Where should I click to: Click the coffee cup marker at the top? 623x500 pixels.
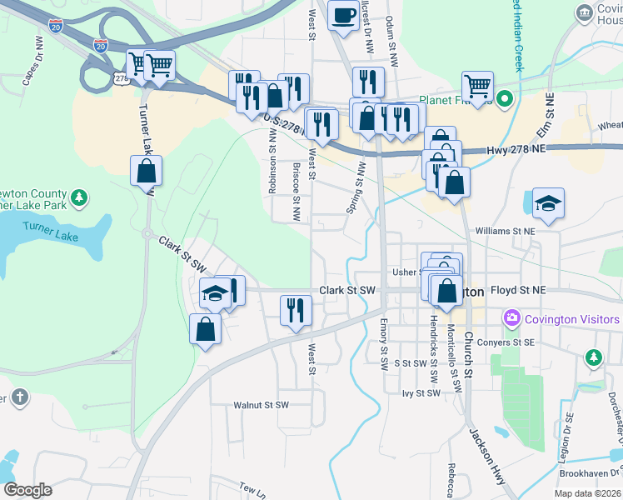pyautogui.click(x=342, y=16)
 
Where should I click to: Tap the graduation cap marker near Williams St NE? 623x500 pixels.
pyautogui.click(x=548, y=203)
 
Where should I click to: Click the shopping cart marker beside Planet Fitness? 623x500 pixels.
pyautogui.click(x=477, y=87)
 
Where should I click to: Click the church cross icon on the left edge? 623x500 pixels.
pyautogui.click(x=19, y=397)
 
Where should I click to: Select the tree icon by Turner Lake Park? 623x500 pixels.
pyautogui.click(x=78, y=198)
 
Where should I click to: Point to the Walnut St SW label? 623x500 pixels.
pyautogui.click(x=261, y=405)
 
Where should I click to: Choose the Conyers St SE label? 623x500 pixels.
pyautogui.click(x=511, y=342)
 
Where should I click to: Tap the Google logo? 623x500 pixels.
pyautogui.click(x=27, y=490)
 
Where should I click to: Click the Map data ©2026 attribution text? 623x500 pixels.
pyautogui.click(x=586, y=493)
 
